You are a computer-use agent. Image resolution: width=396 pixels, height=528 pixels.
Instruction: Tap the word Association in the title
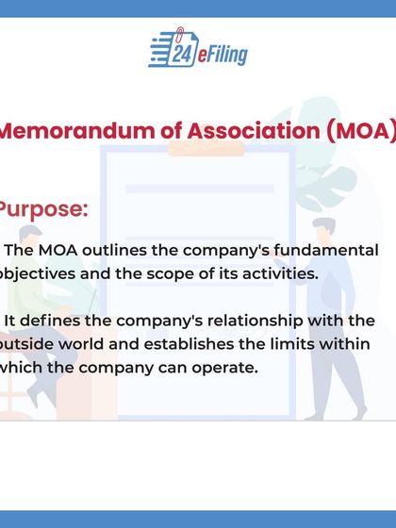tap(237, 131)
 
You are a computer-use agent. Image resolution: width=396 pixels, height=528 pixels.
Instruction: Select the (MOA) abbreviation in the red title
tap(359, 131)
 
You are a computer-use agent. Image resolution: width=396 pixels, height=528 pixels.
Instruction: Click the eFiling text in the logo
tap(221, 55)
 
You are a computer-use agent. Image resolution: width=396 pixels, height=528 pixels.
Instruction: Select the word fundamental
tap(324, 252)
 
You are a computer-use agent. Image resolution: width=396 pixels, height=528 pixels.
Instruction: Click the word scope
tap(184, 273)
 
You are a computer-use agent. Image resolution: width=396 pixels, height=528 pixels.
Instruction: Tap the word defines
tap(46, 322)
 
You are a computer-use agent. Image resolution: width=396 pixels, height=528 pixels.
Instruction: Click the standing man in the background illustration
tap(324, 311)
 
